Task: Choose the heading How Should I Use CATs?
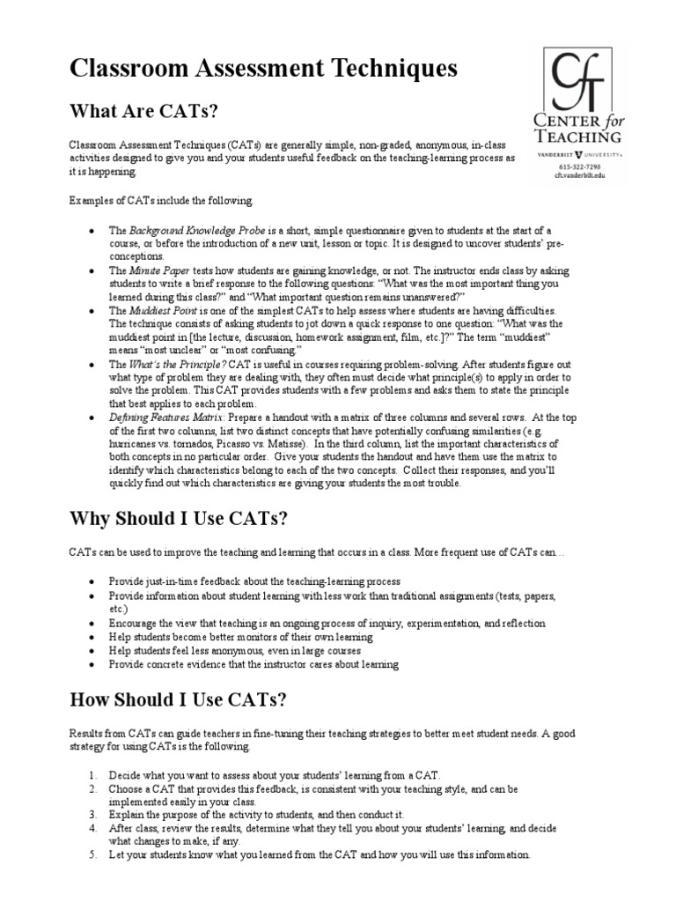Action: click(x=178, y=700)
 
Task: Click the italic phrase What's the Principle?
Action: click(x=172, y=364)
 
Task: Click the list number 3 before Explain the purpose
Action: click(x=92, y=816)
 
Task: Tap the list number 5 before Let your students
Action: click(x=92, y=854)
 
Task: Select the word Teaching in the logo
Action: click(x=578, y=137)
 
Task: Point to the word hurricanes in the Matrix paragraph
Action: click(x=132, y=444)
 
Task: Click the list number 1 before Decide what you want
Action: click(x=92, y=775)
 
